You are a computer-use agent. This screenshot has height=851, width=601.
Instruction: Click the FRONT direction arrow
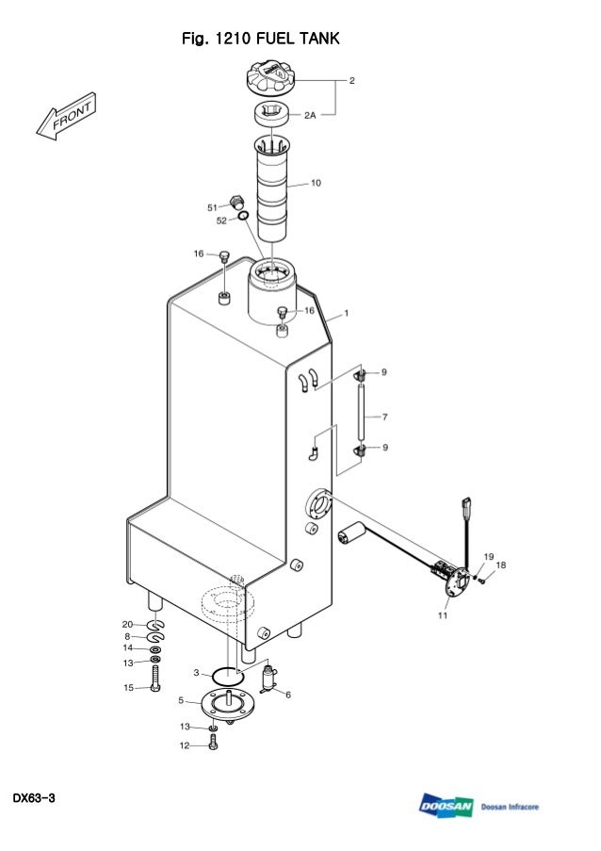coord(66,116)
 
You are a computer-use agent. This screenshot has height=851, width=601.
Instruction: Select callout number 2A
coord(310,115)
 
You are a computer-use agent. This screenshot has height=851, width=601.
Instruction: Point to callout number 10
coord(316,183)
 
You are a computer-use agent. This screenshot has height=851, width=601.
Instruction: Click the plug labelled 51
coord(236,203)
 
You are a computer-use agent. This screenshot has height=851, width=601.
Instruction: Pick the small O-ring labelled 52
coord(244,216)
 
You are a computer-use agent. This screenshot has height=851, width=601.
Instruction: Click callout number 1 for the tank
coord(347,313)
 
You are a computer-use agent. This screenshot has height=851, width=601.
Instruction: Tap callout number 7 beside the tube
coord(384,417)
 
